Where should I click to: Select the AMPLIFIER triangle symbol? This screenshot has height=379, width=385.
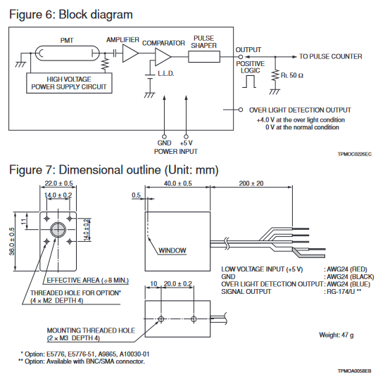[130, 53]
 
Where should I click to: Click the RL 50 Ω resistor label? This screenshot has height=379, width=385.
[292, 75]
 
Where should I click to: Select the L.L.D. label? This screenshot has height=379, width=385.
[166, 73]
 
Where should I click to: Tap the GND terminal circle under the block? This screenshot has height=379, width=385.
[164, 136]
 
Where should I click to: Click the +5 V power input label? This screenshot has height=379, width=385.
[186, 143]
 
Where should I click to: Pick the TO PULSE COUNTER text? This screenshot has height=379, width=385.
[331, 56]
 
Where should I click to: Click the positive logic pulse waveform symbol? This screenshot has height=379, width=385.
[249, 82]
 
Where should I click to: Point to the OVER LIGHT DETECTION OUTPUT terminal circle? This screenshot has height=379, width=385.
[241, 110]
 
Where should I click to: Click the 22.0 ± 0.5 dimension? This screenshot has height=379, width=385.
[58, 184]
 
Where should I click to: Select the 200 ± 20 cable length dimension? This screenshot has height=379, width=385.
[251, 184]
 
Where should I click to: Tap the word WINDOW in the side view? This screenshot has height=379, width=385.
[172, 250]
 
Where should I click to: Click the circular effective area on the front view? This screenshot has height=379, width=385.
[58, 230]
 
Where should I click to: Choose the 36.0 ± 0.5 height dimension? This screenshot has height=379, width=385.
[11, 242]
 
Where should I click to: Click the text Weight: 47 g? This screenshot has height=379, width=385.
[336, 335]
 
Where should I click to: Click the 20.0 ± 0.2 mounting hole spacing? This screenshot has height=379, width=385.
[178, 284]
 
